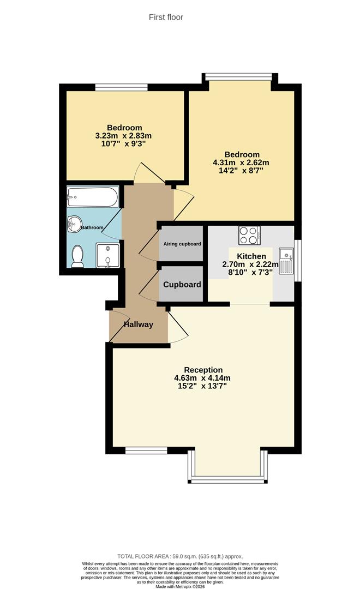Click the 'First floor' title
pyautogui.click(x=166, y=17)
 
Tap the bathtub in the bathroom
pyautogui.click(x=92, y=197)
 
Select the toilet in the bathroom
pyautogui.click(x=77, y=255)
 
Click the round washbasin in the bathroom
pyautogui.click(x=74, y=223)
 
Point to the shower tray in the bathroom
pyautogui.click(x=107, y=256)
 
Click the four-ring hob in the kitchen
pyautogui.click(x=249, y=235)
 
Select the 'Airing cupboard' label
pyautogui.click(x=182, y=244)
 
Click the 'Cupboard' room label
pyautogui.click(x=182, y=285)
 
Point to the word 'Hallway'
pyautogui.click(x=138, y=324)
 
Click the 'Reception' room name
pyautogui.click(x=203, y=370)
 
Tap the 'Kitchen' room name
pyautogui.click(x=251, y=256)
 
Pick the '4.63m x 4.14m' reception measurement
pyautogui.click(x=202, y=378)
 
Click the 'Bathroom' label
pyautogui.click(x=92, y=227)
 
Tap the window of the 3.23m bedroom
pyautogui.click(x=121, y=87)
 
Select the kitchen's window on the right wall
pyautogui.click(x=297, y=260)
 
